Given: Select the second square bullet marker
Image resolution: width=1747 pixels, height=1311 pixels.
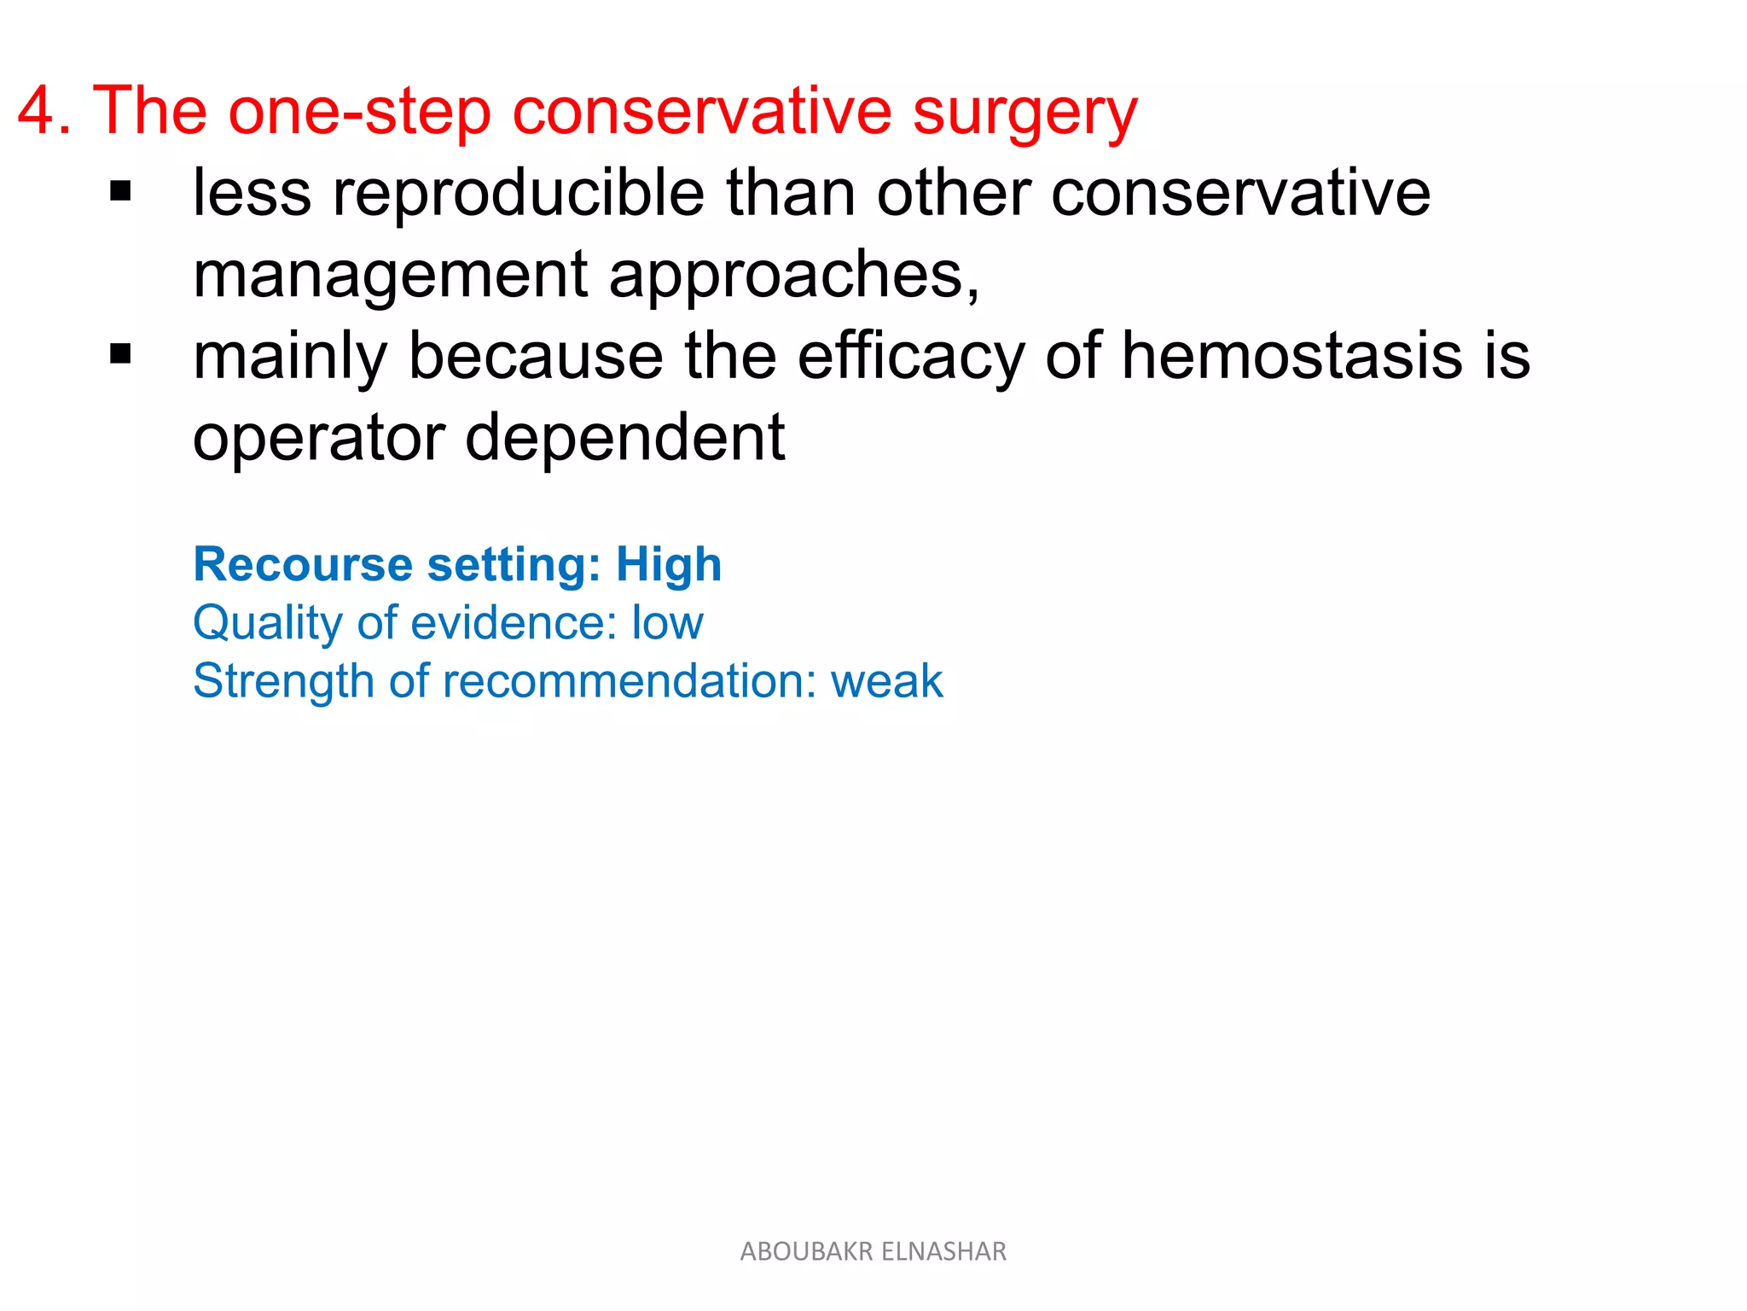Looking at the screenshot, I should [121, 353].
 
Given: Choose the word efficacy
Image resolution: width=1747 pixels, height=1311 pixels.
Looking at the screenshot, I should [911, 357].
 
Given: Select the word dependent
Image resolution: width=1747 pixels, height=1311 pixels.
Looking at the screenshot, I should [624, 437].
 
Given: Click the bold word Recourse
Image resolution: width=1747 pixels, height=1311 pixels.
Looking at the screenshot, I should [303, 564].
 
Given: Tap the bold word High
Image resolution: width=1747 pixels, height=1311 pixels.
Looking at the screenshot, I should [669, 565].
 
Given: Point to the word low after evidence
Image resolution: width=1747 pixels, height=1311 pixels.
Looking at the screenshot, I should [667, 622].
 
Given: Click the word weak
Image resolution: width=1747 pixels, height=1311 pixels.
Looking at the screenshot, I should [886, 681].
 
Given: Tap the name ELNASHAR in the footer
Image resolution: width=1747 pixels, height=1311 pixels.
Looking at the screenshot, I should [943, 1251].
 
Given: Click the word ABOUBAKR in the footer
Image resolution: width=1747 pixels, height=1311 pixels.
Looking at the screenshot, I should [806, 1251].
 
